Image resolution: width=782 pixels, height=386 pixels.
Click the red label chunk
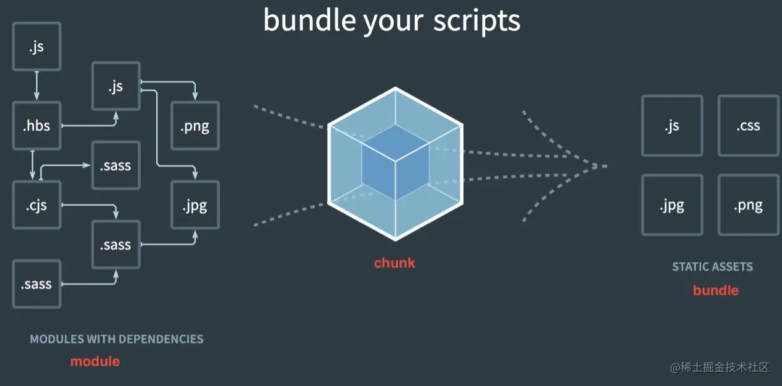(x=395, y=263)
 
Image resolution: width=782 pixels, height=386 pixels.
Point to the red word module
(x=95, y=361)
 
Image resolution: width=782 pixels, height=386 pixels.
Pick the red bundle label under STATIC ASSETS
(x=716, y=291)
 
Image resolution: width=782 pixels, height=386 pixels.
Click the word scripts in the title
(x=477, y=20)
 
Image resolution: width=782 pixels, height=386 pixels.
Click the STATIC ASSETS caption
(x=713, y=266)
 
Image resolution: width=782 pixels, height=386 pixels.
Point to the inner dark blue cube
(x=395, y=162)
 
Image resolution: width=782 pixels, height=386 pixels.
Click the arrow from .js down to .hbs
(x=37, y=86)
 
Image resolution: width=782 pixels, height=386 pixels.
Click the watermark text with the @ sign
(x=719, y=367)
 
